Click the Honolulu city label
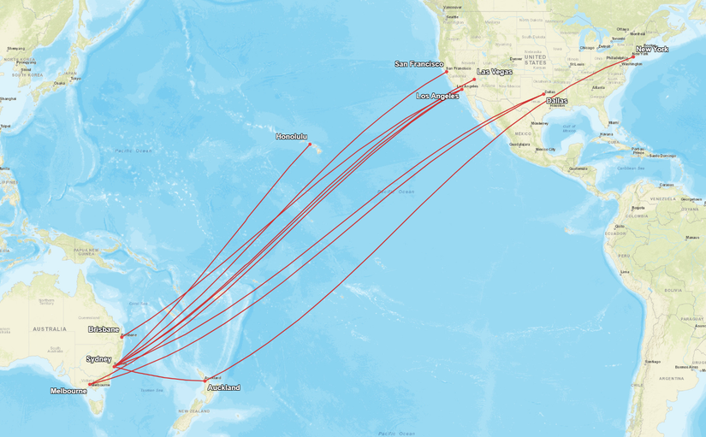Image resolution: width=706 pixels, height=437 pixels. pos(291,137)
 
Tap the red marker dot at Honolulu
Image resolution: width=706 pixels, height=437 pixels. pos(310,145)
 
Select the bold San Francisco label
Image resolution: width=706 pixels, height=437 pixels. pos(419,64)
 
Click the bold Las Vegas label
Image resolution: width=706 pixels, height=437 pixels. pos(495,72)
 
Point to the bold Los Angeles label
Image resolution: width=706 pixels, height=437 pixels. pos(437,97)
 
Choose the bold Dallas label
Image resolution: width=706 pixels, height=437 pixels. pos(556,101)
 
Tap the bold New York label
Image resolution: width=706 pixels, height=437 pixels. pos(652,50)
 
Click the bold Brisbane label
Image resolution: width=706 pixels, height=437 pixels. pos(104,329)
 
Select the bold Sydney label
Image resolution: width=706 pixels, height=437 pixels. pos(98,359)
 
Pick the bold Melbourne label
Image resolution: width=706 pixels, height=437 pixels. pos(68,391)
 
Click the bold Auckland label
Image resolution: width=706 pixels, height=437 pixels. pos(223,387)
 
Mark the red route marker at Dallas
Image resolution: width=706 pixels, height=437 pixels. pos(544,93)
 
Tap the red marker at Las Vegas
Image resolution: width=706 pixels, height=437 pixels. pos(474,80)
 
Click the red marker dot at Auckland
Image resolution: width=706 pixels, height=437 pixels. pos(205,380)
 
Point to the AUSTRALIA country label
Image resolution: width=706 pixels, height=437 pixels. pos(49,328)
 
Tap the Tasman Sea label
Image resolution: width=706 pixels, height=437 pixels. pos(151,390)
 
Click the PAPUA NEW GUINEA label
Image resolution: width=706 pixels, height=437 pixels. pos(86,251)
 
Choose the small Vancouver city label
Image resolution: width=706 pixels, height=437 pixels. pos(451,8)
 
